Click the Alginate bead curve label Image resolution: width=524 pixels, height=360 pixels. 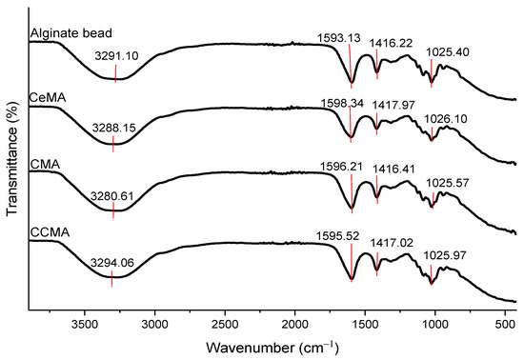point(63,35)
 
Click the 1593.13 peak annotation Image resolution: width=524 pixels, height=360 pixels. point(343,38)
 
